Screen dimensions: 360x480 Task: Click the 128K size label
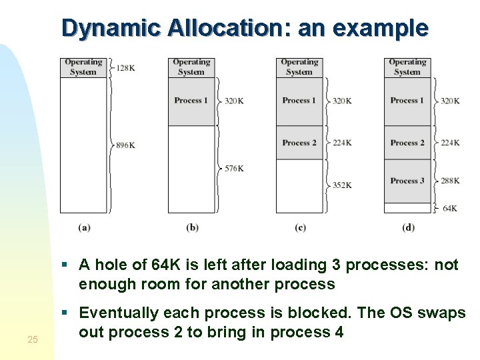pos(127,68)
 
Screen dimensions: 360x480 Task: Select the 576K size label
pos(233,169)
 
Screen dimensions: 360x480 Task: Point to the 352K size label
pos(341,185)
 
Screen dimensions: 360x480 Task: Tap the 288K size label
pos(450,180)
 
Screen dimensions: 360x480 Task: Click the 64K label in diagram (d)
pos(450,208)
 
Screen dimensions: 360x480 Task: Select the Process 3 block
pos(407,181)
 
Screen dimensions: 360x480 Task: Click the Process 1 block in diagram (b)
pos(191,101)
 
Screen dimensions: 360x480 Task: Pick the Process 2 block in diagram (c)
pos(299,143)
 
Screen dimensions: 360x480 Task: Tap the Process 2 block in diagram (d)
pos(407,143)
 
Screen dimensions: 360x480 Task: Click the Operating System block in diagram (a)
pos(83,67)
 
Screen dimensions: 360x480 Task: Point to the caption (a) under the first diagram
pos(84,227)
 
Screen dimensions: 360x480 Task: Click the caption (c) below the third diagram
pos(300,227)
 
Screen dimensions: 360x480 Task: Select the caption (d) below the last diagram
pos(408,227)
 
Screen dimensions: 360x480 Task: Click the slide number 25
pos(33,341)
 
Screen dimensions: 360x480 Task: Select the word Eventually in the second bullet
pos(119,313)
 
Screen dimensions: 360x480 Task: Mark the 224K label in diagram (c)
pos(341,143)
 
